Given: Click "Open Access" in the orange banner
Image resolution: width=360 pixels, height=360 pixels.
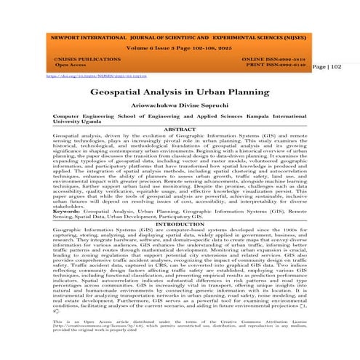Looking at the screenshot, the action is click(63, 65).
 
